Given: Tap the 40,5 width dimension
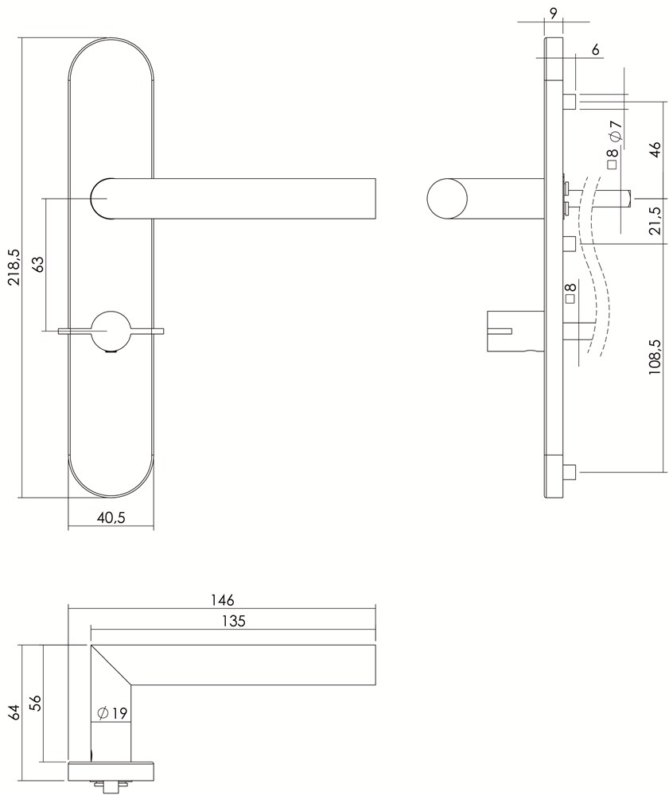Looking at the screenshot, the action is click(x=111, y=518).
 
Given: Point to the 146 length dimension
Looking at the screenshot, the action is click(x=223, y=599).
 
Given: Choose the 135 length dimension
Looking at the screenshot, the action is click(x=234, y=621).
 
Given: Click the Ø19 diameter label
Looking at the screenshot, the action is click(x=111, y=713).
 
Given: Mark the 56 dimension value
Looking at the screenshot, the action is click(x=35, y=703).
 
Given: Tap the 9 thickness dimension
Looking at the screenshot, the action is click(x=553, y=14).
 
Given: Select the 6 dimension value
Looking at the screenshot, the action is click(x=595, y=49).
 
